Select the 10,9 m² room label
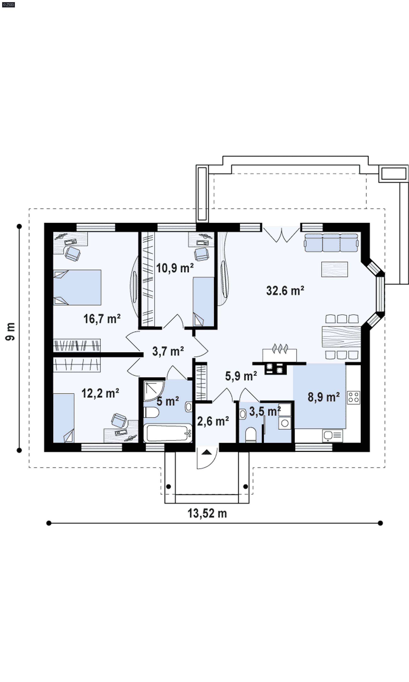pos(175,268)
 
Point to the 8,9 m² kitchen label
pos(324,397)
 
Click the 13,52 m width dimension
pos(207,513)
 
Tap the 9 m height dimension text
pos(10,331)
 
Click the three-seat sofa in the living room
pos(331,243)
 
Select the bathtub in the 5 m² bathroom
pos(168,433)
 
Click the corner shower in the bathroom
pos(154,391)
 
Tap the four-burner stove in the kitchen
pos(353,398)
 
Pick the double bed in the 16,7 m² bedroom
pos(77,287)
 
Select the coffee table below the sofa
pos(334,269)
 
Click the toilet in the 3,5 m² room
pos(251,435)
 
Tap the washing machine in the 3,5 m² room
pos(285,423)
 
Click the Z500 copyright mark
pos(8,5)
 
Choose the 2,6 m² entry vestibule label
pos(213,421)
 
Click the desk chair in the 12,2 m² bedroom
pos(119,420)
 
